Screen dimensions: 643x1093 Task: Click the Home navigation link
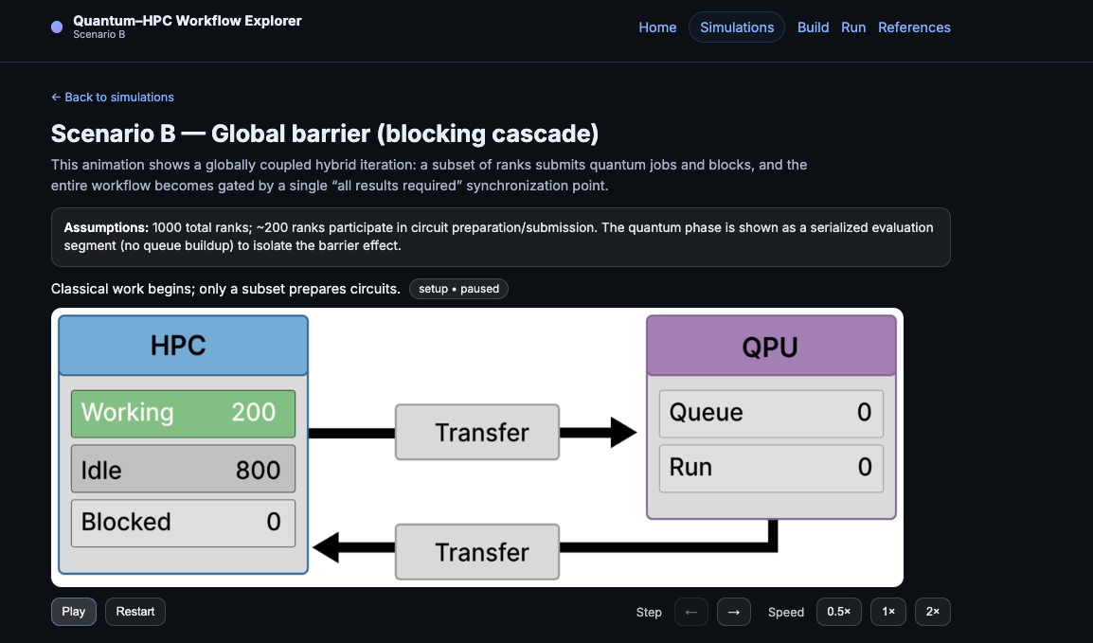(x=657, y=27)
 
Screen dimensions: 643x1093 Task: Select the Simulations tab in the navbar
(x=737, y=27)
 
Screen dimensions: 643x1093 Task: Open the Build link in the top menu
(x=813, y=27)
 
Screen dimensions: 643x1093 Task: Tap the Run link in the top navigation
(x=853, y=27)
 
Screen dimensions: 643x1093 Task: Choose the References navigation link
(x=914, y=27)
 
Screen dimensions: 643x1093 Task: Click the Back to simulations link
(x=113, y=97)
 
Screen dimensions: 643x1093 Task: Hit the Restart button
(x=135, y=612)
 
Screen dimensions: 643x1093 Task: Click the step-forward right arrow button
(x=733, y=612)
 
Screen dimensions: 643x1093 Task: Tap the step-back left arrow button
(x=690, y=612)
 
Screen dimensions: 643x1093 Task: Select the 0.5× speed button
(x=838, y=612)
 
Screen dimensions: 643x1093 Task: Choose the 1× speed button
(x=888, y=612)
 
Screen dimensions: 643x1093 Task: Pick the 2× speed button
(x=933, y=612)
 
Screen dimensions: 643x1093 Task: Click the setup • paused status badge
(x=458, y=289)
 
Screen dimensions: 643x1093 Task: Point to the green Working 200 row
(x=183, y=413)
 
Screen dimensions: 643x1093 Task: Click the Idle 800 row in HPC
(x=183, y=469)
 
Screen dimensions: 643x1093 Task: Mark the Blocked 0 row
(x=183, y=523)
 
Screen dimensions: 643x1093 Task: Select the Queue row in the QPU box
(x=771, y=413)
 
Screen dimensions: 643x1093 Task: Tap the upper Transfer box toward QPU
(x=477, y=433)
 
